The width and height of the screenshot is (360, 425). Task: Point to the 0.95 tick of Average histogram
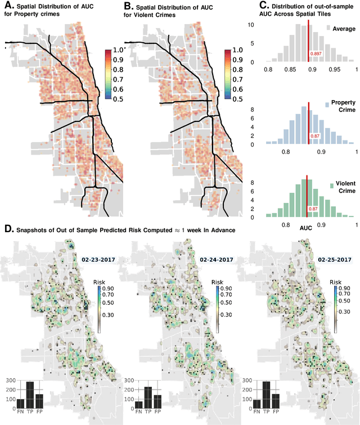pyautogui.click(x=335, y=69)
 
